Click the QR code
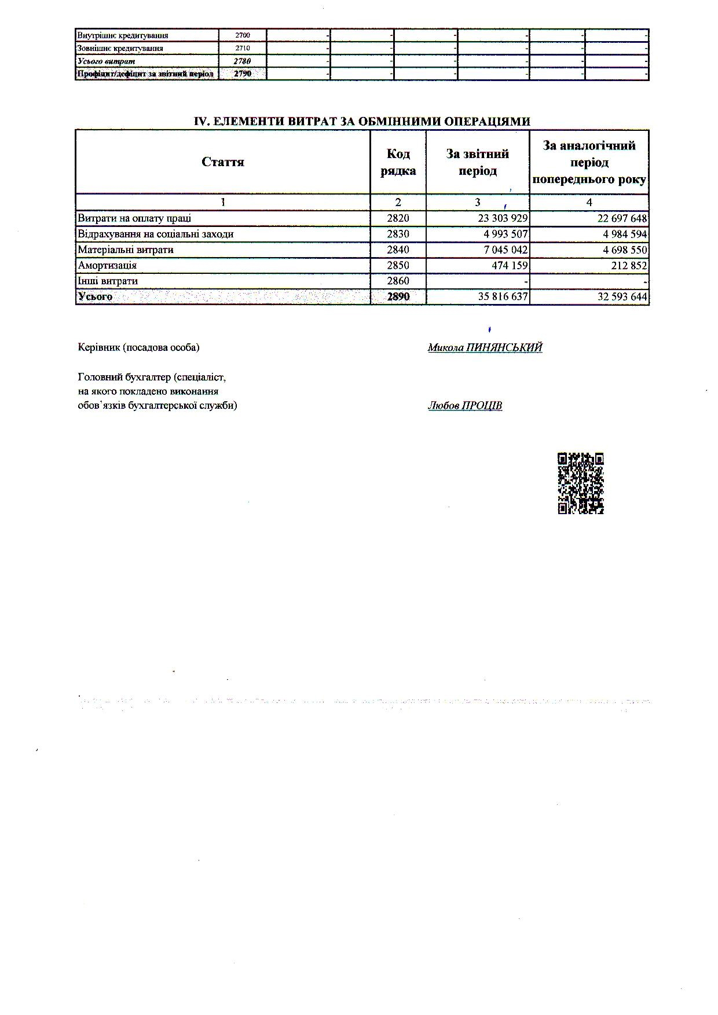pos(581,483)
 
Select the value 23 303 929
pos(503,219)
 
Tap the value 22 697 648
pos(614,219)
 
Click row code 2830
pos(398,234)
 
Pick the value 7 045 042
pos(503,250)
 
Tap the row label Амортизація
pos(108,266)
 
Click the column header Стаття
pos(223,162)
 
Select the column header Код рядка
pos(398,162)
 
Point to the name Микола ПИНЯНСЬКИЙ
pos(485,347)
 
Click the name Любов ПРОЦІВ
pos(465,406)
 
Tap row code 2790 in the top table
pos(243,74)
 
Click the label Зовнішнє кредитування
pos(120,49)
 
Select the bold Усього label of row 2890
pos(95,297)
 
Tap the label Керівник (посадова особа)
pos(138,347)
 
